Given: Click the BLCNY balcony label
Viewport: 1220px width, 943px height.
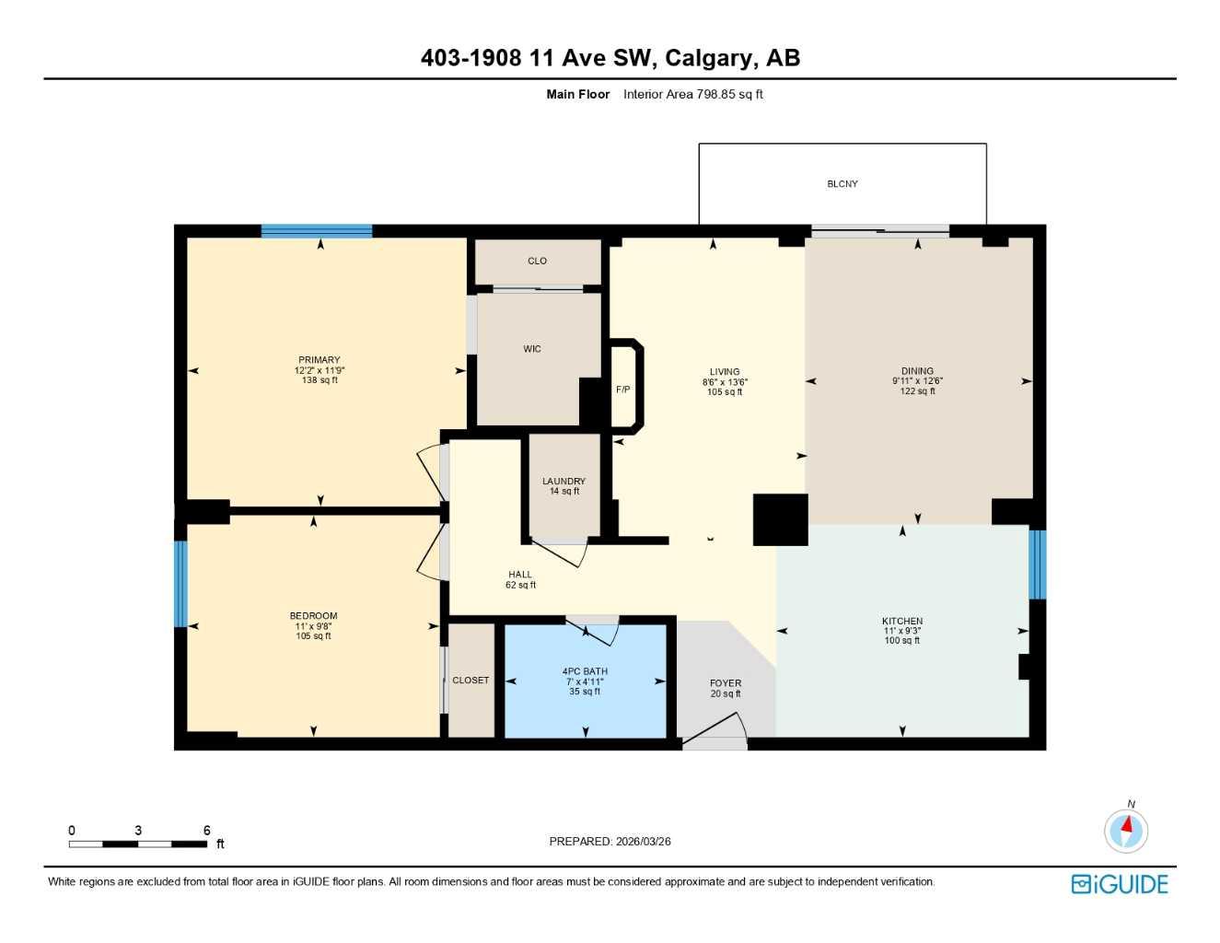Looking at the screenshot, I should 842,184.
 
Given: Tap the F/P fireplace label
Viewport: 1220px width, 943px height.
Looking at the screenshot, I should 623,390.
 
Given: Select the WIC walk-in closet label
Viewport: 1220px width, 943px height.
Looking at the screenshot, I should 532,349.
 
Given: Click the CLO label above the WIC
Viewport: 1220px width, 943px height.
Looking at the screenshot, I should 537,262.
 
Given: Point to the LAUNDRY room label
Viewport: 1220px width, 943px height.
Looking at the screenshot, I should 564,482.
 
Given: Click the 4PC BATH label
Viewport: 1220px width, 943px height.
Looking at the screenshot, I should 585,671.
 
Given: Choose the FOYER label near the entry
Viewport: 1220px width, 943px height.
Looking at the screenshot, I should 726,683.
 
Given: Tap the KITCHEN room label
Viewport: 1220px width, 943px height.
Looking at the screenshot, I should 901,622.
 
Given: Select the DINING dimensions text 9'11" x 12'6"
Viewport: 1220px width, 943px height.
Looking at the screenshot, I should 917,381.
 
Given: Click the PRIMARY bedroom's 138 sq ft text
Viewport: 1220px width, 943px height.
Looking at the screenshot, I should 320,380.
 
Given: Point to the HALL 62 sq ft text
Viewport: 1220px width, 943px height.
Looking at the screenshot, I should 520,585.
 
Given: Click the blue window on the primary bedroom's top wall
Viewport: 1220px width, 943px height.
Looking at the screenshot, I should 317,231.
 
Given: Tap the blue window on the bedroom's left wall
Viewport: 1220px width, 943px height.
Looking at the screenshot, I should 180,584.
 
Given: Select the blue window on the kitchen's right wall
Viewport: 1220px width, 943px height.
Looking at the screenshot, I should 1037,565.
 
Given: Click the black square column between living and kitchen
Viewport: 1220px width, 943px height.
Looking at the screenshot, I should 781,520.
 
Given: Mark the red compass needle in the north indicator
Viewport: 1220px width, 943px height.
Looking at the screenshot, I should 1127,824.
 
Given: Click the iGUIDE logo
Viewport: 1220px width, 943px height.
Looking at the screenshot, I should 1120,884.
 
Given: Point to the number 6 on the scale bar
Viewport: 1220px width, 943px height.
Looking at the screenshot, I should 206,831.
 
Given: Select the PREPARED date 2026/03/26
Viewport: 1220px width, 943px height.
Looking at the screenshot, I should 642,842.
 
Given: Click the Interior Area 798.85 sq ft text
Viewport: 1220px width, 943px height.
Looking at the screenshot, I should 692,94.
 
